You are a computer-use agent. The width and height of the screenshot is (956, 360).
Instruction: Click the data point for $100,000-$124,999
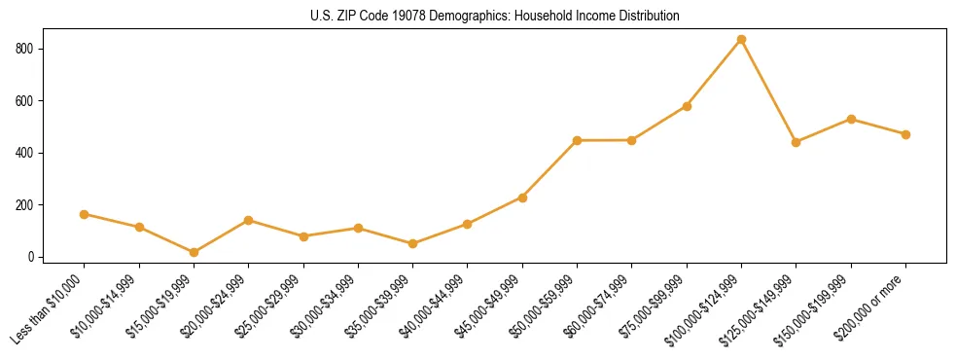point(741,39)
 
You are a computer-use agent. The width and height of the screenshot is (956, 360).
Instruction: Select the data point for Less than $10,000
point(84,214)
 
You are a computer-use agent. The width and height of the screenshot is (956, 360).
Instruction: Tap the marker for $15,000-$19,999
point(194,252)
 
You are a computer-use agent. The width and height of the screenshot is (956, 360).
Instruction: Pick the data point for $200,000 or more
point(905,134)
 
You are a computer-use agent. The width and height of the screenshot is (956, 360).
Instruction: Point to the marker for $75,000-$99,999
point(687,106)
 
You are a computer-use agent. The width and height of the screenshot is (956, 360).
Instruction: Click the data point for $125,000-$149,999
point(796,142)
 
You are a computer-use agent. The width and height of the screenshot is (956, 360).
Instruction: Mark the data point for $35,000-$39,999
point(412,243)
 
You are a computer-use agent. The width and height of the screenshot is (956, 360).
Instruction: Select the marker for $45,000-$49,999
point(522,198)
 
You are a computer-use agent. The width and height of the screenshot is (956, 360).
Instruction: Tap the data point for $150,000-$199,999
point(851,119)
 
